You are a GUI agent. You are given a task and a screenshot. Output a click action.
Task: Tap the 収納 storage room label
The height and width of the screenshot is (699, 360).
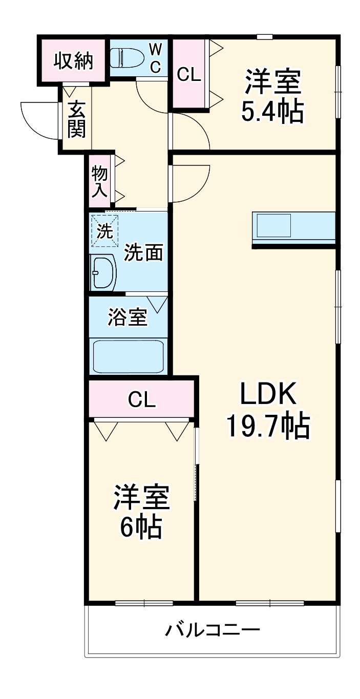pyautogui.click(x=74, y=61)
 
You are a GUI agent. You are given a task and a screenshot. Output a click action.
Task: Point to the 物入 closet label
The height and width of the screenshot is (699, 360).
pyautogui.click(x=99, y=181)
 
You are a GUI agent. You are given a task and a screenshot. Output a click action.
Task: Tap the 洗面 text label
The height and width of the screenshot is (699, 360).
pyautogui.click(x=144, y=252)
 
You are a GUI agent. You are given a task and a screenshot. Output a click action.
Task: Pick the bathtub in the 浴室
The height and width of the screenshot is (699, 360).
pyautogui.click(x=128, y=356)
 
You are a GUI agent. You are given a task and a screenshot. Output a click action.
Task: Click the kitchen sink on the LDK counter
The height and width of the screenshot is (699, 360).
pyautogui.click(x=274, y=225)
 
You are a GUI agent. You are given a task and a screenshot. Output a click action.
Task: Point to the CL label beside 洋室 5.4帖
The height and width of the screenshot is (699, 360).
pyautogui.click(x=188, y=75)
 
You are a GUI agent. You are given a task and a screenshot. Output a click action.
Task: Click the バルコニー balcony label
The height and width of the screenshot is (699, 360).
pyautogui.click(x=212, y=629)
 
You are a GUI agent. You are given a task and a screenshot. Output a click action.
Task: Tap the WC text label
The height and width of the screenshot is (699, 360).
pyautogui.click(x=156, y=57)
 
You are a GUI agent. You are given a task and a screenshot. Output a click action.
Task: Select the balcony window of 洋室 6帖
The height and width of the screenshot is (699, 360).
pyautogui.click(x=144, y=603)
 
